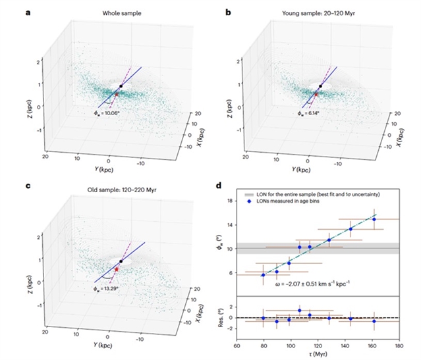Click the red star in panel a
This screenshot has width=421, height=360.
[x=116, y=95]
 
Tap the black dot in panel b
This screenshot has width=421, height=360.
[x=320, y=86]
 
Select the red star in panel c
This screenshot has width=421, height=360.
[x=117, y=269]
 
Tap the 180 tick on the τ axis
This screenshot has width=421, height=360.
[x=399, y=343]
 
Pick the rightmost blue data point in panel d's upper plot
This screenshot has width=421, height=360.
[x=374, y=219]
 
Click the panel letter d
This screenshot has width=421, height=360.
[x=228, y=187]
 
